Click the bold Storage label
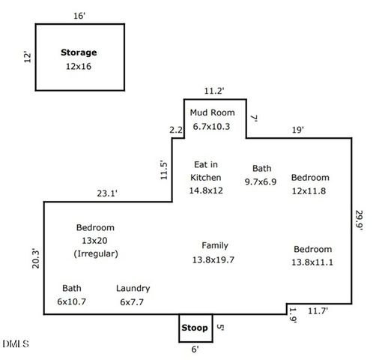coord(79,52)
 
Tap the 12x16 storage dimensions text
coord(79,67)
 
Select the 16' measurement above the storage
coord(79,16)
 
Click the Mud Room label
coord(212,112)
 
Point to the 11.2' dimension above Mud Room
coord(214,91)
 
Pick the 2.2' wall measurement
coord(176,130)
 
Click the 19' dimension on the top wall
coord(298,130)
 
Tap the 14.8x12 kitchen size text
coord(206,190)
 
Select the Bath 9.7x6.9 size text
coord(261,181)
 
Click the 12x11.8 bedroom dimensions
coord(309,191)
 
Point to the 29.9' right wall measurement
coord(359,220)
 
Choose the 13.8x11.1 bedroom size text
coord(312,262)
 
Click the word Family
coord(215,245)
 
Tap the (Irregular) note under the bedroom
coord(96,253)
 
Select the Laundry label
coord(133,289)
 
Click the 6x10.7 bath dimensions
coord(72,301)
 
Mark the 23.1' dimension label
coord(107,193)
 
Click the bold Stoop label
coord(195,328)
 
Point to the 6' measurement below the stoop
coord(195,349)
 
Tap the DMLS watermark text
coord(16,343)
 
